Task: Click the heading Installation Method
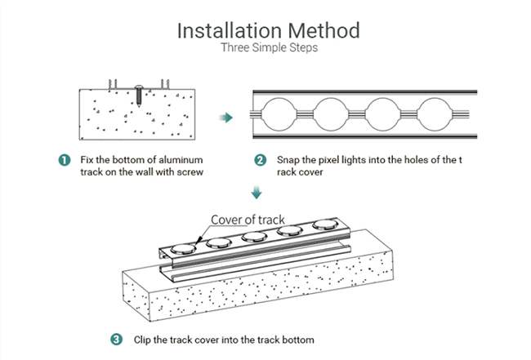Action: (269, 30)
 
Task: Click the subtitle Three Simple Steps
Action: (269, 48)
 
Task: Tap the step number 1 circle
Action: (65, 160)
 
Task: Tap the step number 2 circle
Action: (260, 160)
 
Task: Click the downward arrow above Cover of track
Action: (257, 193)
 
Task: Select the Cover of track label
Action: (247, 219)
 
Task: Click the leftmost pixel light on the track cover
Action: (183, 248)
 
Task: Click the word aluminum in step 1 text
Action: (178, 159)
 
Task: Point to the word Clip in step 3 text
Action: (138, 339)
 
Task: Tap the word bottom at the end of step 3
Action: (296, 339)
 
